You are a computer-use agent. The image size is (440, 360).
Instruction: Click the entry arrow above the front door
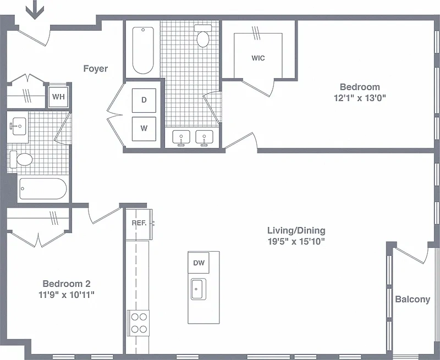[x=35, y=10]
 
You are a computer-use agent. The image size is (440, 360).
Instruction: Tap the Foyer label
[x=95, y=68]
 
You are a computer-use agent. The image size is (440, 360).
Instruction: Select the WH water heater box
[x=59, y=97]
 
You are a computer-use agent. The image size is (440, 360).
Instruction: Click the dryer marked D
[x=144, y=100]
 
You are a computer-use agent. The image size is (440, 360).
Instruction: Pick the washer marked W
[x=144, y=129]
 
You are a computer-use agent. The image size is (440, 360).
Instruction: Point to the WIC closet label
[x=258, y=58]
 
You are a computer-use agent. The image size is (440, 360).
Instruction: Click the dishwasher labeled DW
[x=199, y=263]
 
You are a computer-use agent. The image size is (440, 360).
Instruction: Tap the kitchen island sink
[x=199, y=289]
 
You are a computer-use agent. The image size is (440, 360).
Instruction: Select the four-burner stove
[x=139, y=323]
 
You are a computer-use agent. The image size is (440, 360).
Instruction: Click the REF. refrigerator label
[x=139, y=223]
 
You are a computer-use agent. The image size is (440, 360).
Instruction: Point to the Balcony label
[x=413, y=300]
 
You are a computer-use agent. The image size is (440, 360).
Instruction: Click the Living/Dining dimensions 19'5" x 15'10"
[x=296, y=241]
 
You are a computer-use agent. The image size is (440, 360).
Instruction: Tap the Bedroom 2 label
[x=67, y=284]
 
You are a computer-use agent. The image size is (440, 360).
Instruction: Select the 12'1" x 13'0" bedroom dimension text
[x=360, y=98]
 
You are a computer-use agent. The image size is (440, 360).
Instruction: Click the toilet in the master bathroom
[x=203, y=36]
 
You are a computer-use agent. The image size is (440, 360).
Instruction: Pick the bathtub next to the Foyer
[x=143, y=50]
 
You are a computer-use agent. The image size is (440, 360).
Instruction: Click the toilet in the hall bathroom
[x=21, y=159]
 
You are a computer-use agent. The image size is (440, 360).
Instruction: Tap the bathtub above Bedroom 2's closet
[x=43, y=189]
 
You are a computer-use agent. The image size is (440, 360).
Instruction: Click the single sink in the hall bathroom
[x=18, y=126]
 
